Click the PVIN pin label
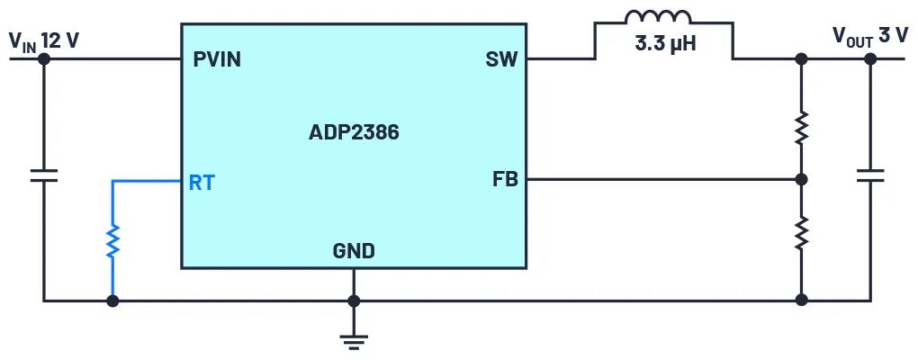pyautogui.click(x=217, y=60)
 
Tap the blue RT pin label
pyautogui.click(x=202, y=183)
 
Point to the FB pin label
pyautogui.click(x=505, y=179)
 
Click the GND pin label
pyautogui.click(x=354, y=251)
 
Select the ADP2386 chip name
pyautogui.click(x=354, y=133)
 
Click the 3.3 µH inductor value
pyautogui.click(x=662, y=42)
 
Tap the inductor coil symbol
pyautogui.click(x=658, y=18)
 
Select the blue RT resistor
pyautogui.click(x=112, y=240)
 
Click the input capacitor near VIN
pyautogui.click(x=43, y=175)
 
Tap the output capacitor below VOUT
pyautogui.click(x=870, y=175)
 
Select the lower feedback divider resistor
pyautogui.click(x=801, y=233)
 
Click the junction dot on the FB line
pyautogui.click(x=801, y=179)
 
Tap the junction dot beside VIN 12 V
pyautogui.click(x=43, y=59)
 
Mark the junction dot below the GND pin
pyautogui.click(x=354, y=301)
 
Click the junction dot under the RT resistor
pyautogui.click(x=112, y=301)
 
